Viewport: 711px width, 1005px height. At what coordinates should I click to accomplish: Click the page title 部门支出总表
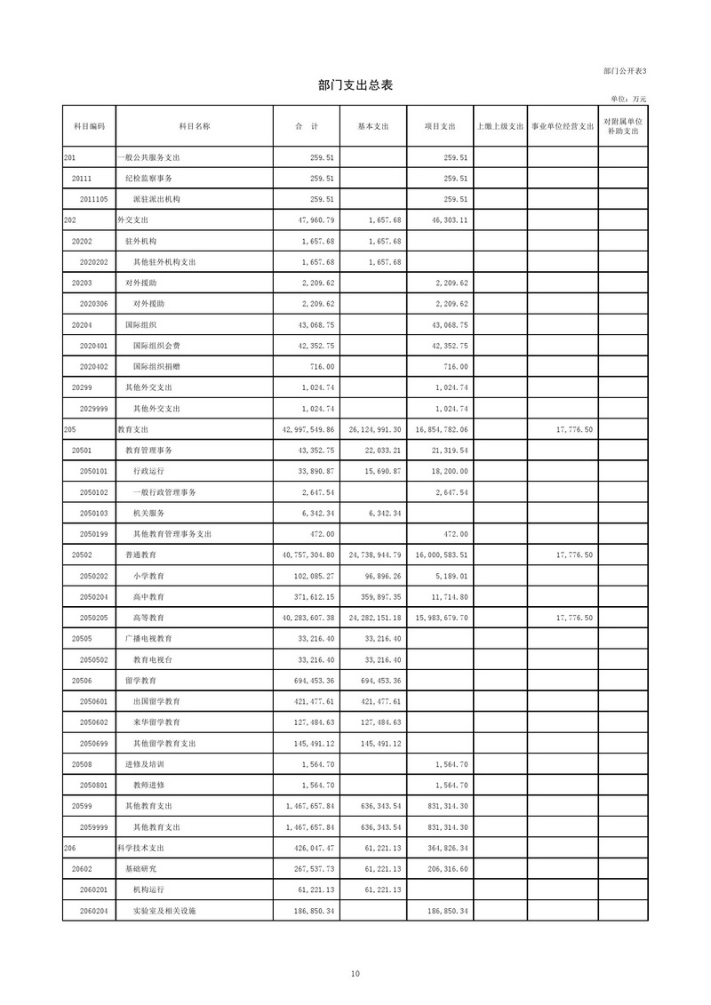355,85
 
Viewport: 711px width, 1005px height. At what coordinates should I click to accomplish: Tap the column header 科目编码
89,126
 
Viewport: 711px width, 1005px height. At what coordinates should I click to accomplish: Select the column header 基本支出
372,126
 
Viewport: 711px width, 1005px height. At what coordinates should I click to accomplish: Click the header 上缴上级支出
500,126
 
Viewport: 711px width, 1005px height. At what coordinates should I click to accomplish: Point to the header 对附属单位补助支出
622,126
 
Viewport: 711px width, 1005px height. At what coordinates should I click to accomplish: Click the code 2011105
93,199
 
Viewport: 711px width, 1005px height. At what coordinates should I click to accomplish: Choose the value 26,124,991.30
373,430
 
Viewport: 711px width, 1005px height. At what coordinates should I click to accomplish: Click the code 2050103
93,514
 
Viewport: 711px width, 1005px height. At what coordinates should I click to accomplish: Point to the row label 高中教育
148,597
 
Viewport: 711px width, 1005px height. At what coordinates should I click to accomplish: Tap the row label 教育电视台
153,660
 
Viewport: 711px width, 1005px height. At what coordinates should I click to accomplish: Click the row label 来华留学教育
157,722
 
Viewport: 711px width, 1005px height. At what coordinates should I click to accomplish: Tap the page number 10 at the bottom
355,975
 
